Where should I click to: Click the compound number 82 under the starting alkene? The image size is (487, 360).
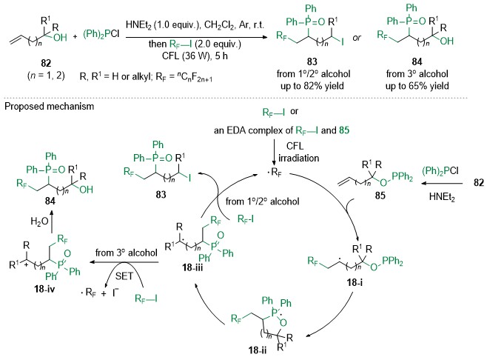click(46, 63)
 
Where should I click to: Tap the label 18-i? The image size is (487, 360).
click(355, 282)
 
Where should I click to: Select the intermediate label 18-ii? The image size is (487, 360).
click(258, 350)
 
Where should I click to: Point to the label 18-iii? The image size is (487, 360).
click(192, 267)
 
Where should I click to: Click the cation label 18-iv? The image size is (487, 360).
click(44, 289)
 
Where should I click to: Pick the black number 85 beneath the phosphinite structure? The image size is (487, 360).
click(380, 196)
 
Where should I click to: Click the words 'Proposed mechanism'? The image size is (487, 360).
click(50, 107)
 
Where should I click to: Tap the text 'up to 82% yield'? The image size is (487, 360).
click(312, 86)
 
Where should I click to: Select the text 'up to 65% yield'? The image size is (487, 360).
click(417, 86)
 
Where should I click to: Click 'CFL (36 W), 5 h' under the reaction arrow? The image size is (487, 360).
click(195, 56)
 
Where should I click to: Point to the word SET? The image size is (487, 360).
click(124, 276)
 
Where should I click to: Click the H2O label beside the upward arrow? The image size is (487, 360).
click(39, 221)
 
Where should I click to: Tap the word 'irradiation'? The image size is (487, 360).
click(299, 159)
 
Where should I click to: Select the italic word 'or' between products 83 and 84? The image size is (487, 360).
click(357, 38)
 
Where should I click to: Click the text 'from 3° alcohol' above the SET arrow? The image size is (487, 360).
click(127, 253)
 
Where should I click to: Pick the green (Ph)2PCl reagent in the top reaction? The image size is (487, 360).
click(101, 34)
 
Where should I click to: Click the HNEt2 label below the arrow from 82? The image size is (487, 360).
click(442, 197)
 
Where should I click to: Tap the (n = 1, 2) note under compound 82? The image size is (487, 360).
click(46, 76)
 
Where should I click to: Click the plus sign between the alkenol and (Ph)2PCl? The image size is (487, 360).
click(75, 36)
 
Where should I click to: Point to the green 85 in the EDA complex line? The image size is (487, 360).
click(344, 130)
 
